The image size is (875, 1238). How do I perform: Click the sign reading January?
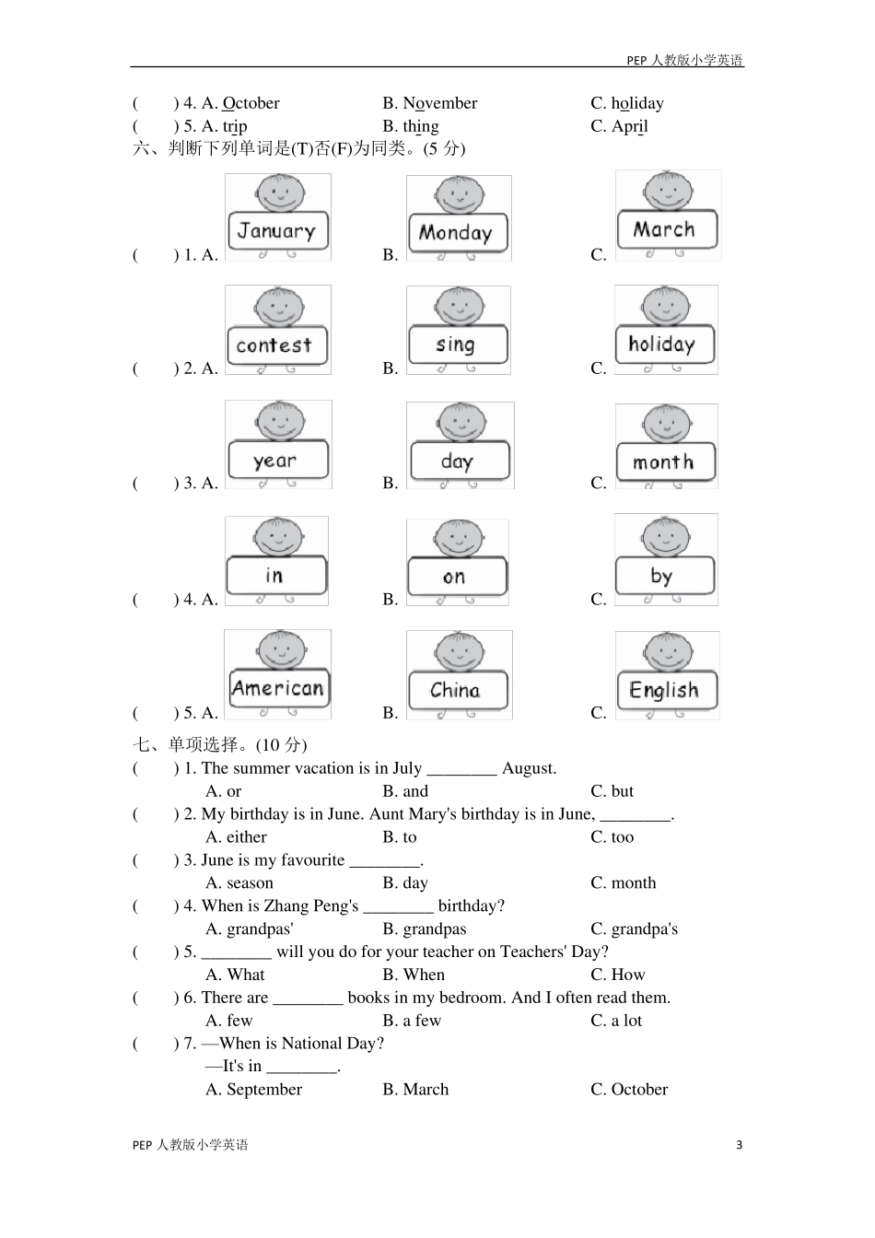pyautogui.click(x=276, y=231)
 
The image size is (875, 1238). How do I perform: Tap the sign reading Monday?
pyautogui.click(x=456, y=232)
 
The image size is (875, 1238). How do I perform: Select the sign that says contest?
pyautogui.click(x=274, y=345)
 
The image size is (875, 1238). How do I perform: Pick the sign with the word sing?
pyautogui.click(x=456, y=345)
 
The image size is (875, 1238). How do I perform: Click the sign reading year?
pyautogui.click(x=276, y=461)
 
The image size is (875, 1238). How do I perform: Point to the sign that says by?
pyautogui.click(x=663, y=577)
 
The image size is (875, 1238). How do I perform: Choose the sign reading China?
pyautogui.click(x=456, y=690)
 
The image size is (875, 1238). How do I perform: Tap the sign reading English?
pyautogui.click(x=664, y=690)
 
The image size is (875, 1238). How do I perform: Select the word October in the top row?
pyautogui.click(x=251, y=103)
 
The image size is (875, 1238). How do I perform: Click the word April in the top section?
pyautogui.click(x=630, y=126)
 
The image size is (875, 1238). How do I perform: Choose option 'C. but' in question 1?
pyautogui.click(x=612, y=791)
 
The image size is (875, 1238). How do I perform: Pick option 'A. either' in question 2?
pyautogui.click(x=236, y=837)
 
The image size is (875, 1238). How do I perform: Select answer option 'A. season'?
pyautogui.click(x=239, y=882)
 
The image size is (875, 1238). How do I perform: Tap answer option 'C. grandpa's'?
pyautogui.click(x=634, y=928)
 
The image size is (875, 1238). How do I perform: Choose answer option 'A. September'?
pyautogui.click(x=253, y=1089)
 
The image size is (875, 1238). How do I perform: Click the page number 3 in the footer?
pyautogui.click(x=739, y=1145)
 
